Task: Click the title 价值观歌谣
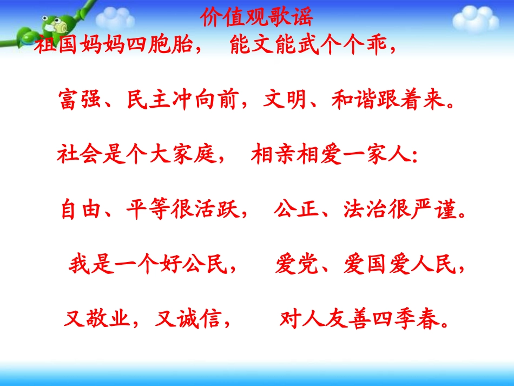[256, 18]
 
